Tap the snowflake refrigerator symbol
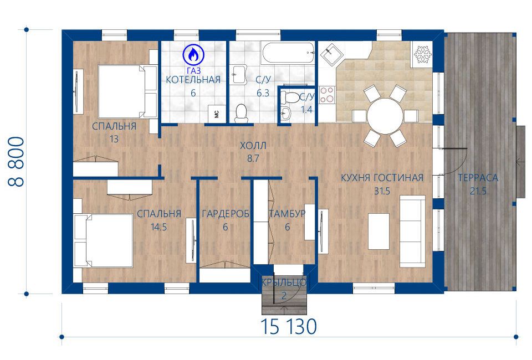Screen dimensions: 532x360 click(x=422, y=54)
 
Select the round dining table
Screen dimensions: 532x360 click(x=385, y=116)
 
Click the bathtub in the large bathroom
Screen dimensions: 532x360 click(x=288, y=53)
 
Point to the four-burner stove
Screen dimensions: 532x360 click(x=327, y=95)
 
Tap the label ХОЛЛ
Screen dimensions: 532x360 click(x=253, y=146)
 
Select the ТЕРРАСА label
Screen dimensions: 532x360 click(x=478, y=178)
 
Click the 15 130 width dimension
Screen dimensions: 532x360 click(x=289, y=326)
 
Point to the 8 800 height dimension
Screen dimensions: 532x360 click(x=16, y=162)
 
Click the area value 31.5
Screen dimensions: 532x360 click(x=382, y=191)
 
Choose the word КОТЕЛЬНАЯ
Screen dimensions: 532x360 click(x=193, y=80)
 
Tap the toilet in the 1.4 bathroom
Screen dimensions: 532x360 click(x=290, y=97)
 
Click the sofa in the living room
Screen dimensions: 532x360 click(x=412, y=231)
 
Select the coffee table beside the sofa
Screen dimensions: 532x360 click(x=378, y=232)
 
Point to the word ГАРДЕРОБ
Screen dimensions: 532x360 click(x=226, y=214)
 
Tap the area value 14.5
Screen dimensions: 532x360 click(x=159, y=227)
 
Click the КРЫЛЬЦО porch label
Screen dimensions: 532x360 click(x=284, y=282)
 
